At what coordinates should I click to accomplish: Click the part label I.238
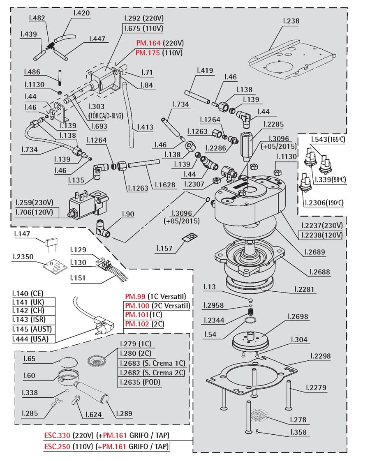coord(291,21)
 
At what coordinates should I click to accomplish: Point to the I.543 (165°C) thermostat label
coord(328,140)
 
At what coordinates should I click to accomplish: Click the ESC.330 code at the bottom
coord(57,435)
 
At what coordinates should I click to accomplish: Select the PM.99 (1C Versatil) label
coord(155,297)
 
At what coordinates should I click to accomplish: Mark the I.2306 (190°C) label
coord(323,203)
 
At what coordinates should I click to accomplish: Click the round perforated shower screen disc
coord(259,415)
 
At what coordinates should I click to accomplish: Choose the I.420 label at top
coord(81,13)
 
